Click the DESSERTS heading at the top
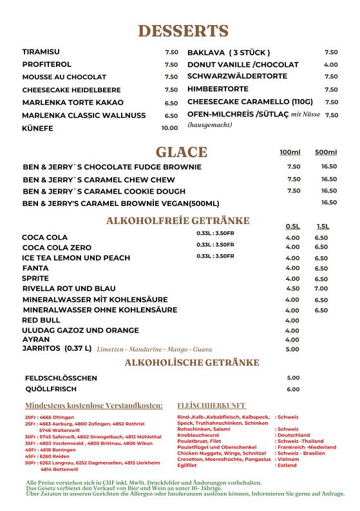click(x=183, y=31)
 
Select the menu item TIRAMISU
click(x=41, y=51)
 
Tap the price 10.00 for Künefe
click(x=169, y=128)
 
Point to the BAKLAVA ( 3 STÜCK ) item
click(x=228, y=52)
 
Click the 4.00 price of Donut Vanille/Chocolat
click(x=330, y=64)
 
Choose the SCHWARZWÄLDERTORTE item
click(x=237, y=77)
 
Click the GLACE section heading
click(x=181, y=152)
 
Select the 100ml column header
click(x=290, y=153)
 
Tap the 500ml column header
click(x=326, y=153)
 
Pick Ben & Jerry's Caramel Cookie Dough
click(x=104, y=191)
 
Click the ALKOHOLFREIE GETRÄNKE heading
click(x=177, y=221)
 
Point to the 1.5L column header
click(x=322, y=227)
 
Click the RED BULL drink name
click(x=41, y=320)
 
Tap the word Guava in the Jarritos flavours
click(x=202, y=349)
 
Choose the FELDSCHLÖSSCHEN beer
click(x=61, y=378)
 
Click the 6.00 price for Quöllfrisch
click(x=293, y=389)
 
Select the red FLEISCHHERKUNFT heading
click(x=211, y=406)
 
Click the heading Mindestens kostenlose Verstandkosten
click(x=94, y=406)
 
